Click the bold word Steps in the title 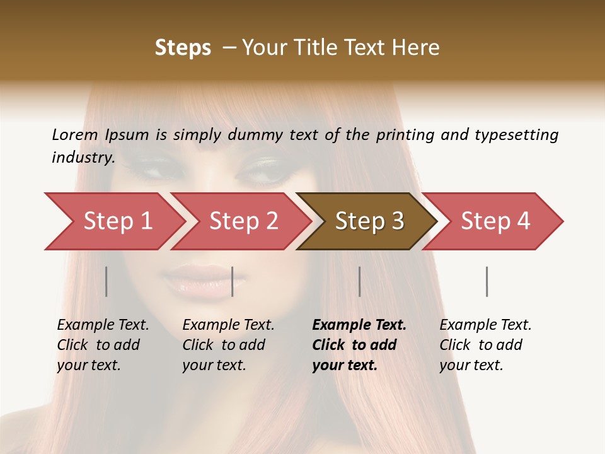[183, 48]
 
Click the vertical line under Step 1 [107, 281]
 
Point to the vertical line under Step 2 [233, 281]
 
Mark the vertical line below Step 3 [359, 281]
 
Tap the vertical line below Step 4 [487, 281]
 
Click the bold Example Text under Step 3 [359, 345]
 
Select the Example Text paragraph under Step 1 [103, 345]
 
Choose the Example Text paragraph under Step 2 [228, 345]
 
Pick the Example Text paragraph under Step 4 [485, 345]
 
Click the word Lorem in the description [75, 134]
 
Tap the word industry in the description [83, 158]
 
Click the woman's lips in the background [197, 281]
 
